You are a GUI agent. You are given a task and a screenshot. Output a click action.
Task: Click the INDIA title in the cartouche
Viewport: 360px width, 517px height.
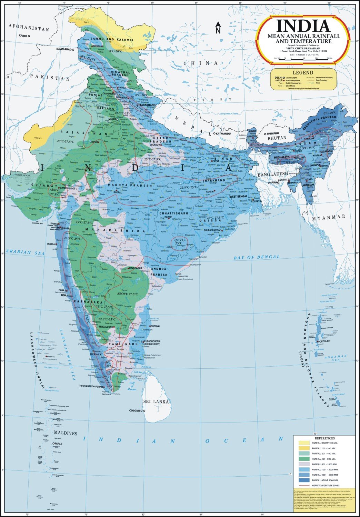pos(303,26)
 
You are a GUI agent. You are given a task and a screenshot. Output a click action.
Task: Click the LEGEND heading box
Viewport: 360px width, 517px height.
pos(303,72)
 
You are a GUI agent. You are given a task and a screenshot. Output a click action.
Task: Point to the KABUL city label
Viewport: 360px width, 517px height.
pos(23,36)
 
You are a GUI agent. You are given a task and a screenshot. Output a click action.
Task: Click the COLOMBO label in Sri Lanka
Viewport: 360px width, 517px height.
pos(136,411)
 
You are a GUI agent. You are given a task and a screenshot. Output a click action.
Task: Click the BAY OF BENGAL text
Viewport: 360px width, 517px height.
pos(257,257)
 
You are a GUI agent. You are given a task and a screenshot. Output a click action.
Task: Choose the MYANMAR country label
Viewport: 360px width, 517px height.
pos(329,217)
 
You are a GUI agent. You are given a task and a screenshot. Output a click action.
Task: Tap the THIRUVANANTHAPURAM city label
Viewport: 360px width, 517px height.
pos(91,386)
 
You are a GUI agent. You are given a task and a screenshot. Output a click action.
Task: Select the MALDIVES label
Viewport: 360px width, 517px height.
pos(65,433)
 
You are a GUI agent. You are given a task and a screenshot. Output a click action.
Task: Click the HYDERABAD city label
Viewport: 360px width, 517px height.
pos(136,268)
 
